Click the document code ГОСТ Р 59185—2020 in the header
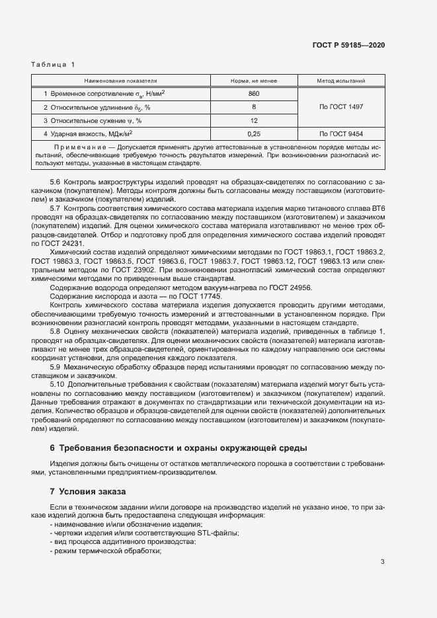click(348, 46)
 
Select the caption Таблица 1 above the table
click(54, 64)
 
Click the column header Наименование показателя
click(120, 81)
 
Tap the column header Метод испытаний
click(341, 81)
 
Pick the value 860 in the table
click(254, 94)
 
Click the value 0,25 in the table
click(254, 133)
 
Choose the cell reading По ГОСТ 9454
click(341, 133)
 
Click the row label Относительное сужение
click(92, 120)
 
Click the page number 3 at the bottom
click(382, 562)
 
